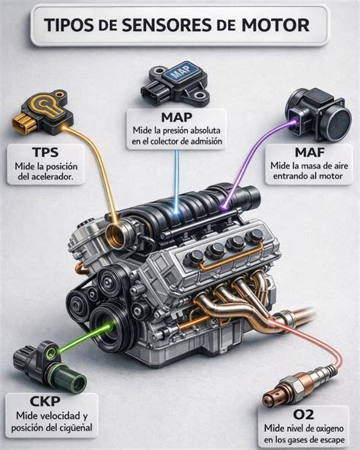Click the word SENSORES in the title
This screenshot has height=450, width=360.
click(x=166, y=25)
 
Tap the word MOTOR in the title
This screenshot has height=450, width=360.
click(x=275, y=25)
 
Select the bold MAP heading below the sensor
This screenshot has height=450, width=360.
click(x=177, y=118)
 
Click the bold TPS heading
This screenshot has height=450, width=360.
click(x=46, y=153)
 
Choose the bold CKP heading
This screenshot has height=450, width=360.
click(x=45, y=401)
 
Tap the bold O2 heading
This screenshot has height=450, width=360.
click(x=303, y=414)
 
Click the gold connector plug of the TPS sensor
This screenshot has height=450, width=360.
click(x=24, y=123)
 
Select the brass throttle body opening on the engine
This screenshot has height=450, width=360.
click(x=116, y=235)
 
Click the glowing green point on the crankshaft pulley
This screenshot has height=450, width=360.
click(x=110, y=326)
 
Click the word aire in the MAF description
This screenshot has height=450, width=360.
click(x=339, y=165)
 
